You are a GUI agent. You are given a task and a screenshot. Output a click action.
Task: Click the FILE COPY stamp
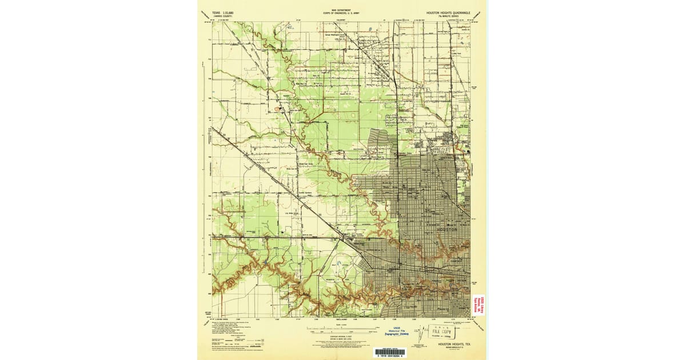coord(441,331)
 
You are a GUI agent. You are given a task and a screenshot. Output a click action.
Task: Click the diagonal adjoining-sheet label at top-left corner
coord(204,14)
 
